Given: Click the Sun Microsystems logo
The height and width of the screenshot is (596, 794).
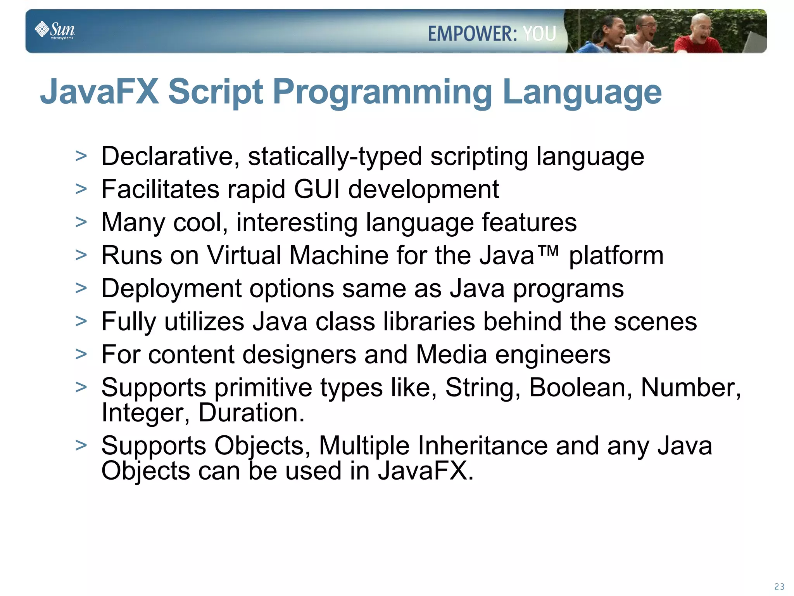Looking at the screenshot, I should [55, 30].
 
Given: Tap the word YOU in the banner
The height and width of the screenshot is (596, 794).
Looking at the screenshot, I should [540, 33].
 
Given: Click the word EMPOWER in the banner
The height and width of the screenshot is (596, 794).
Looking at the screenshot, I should [472, 33].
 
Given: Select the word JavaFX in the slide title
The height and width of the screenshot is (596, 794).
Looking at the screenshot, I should [100, 92].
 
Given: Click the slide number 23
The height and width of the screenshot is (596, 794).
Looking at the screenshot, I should [779, 587].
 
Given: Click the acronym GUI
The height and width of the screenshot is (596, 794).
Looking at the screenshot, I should [316, 189].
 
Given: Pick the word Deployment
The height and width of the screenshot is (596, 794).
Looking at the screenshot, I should [171, 289].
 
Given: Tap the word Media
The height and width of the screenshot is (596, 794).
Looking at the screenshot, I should [451, 355].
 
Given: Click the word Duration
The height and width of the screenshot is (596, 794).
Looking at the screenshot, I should [251, 412].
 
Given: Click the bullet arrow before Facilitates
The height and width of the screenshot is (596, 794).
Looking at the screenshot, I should [81, 189].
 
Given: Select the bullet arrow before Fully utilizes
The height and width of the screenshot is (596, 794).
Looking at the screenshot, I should [81, 322].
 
